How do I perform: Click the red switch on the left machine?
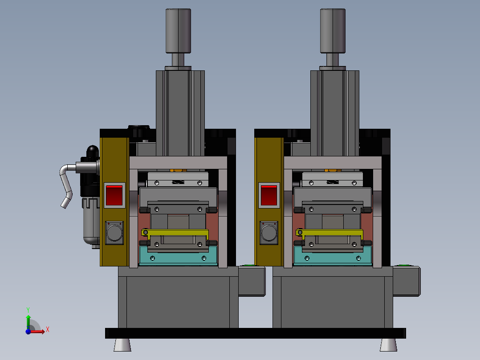coord(114,195)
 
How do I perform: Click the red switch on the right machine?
coord(269,195)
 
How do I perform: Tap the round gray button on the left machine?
coord(114,233)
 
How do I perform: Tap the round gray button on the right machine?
coord(269,233)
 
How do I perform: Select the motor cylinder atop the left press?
coord(178,31)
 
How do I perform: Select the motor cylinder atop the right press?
coord(333,31)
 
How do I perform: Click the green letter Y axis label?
coord(28,310)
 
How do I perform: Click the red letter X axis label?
coord(48,330)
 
